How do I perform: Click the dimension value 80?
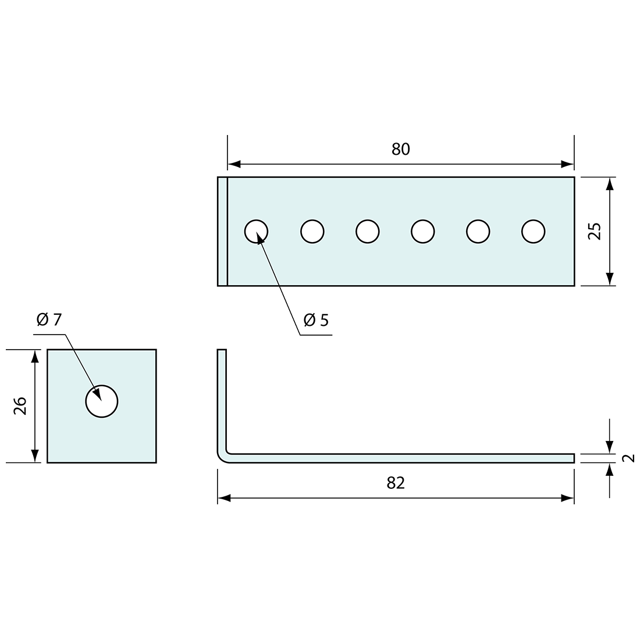(x=400, y=150)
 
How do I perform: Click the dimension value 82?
(x=396, y=483)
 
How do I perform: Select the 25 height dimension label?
(x=594, y=231)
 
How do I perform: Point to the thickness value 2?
(x=628, y=458)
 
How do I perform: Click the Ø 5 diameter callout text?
(x=316, y=319)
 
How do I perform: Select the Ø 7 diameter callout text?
(x=48, y=319)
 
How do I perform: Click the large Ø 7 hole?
(x=102, y=401)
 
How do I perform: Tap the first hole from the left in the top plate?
(x=257, y=232)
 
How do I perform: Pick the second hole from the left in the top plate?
(x=312, y=232)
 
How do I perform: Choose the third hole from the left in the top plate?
(x=367, y=232)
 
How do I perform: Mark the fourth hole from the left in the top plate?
(x=422, y=232)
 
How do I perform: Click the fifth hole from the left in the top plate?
(x=478, y=232)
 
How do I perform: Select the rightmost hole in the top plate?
(x=533, y=232)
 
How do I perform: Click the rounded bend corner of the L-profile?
(x=223, y=457)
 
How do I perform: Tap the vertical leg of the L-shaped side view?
(x=222, y=396)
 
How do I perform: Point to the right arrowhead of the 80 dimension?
(x=567, y=164)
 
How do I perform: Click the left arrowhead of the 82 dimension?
(x=224, y=498)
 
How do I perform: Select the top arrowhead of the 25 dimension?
(x=609, y=184)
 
